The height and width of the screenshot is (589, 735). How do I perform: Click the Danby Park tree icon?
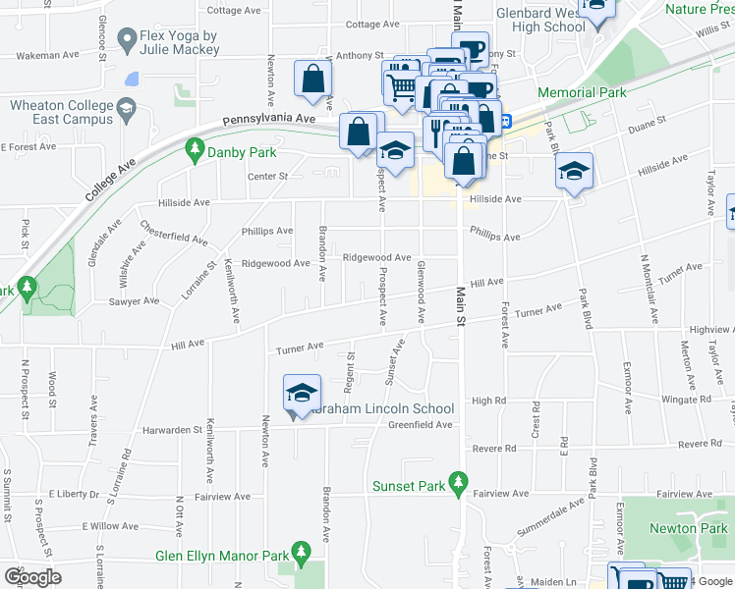(x=195, y=149)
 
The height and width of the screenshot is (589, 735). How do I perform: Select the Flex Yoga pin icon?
(x=127, y=39)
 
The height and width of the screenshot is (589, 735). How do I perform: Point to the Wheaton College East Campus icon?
(x=127, y=106)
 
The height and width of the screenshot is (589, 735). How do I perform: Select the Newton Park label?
(x=688, y=528)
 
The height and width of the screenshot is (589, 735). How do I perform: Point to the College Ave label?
(x=108, y=177)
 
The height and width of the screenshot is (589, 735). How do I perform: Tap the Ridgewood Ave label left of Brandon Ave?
(x=276, y=263)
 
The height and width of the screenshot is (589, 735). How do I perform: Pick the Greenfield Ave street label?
(x=420, y=425)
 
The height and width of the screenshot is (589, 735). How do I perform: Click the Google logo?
(x=32, y=576)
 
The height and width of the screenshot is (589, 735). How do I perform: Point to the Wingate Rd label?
(x=687, y=400)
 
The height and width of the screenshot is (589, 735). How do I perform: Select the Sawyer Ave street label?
(x=135, y=301)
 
